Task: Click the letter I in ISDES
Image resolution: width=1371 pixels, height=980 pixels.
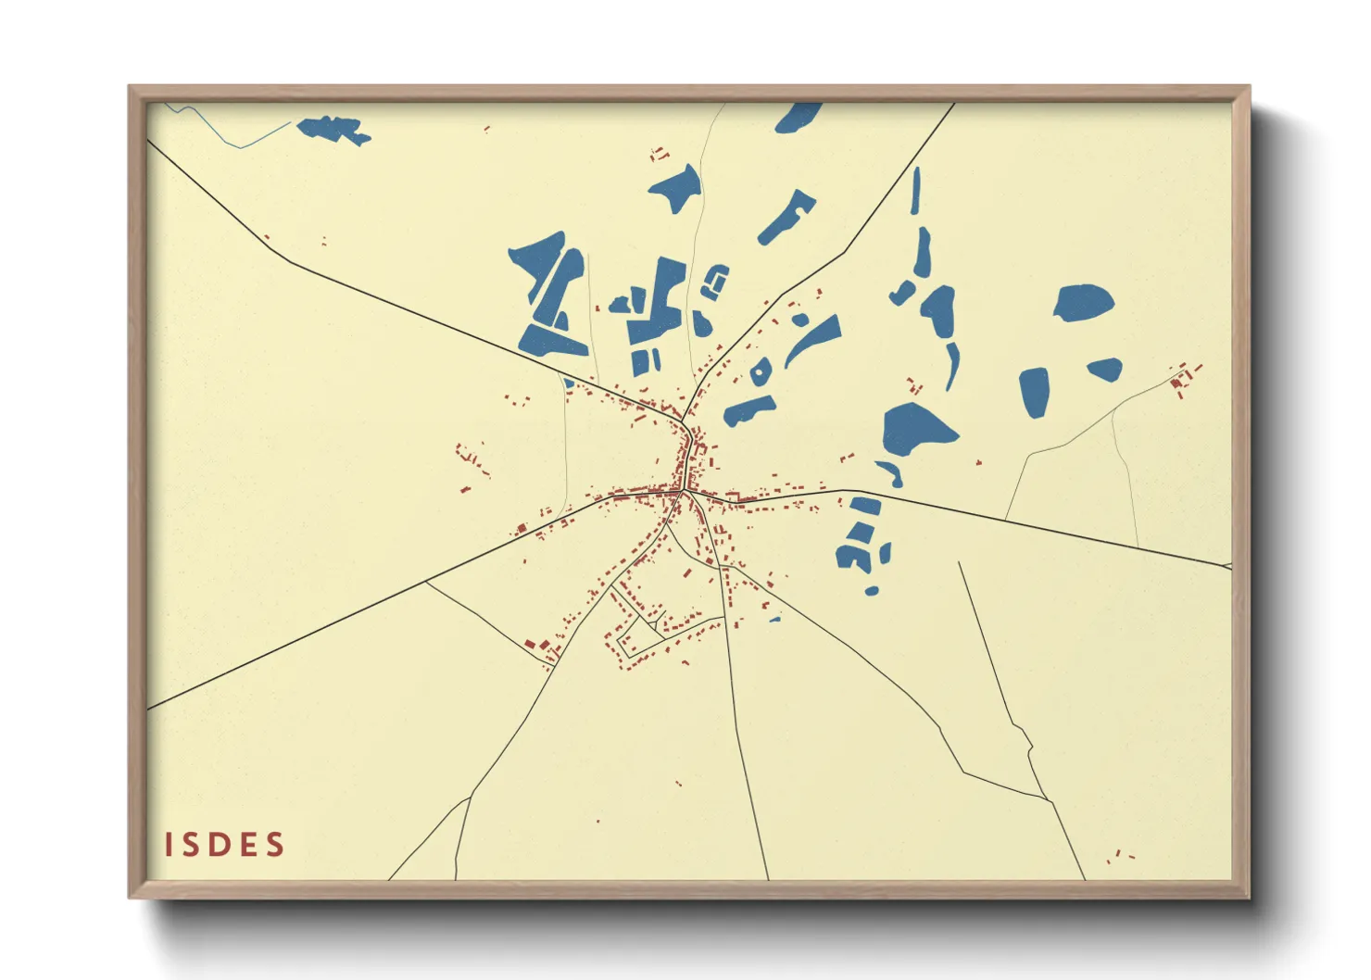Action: click(x=170, y=845)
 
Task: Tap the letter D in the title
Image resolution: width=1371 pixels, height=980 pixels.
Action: click(x=222, y=845)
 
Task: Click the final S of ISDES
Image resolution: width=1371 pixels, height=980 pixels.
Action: click(x=275, y=845)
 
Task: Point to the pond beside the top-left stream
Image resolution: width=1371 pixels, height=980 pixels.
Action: click(x=333, y=129)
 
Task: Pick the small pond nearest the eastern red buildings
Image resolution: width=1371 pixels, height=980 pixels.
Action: click(x=1105, y=370)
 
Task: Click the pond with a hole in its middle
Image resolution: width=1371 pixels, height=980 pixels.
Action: click(x=759, y=371)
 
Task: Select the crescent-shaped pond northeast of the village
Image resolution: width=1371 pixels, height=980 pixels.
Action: click(x=813, y=339)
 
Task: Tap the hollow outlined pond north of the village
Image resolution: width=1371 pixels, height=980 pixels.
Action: click(x=715, y=281)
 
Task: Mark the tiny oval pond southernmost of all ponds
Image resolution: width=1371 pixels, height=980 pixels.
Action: click(x=871, y=590)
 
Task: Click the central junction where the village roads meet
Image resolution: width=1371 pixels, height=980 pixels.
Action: click(x=684, y=492)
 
